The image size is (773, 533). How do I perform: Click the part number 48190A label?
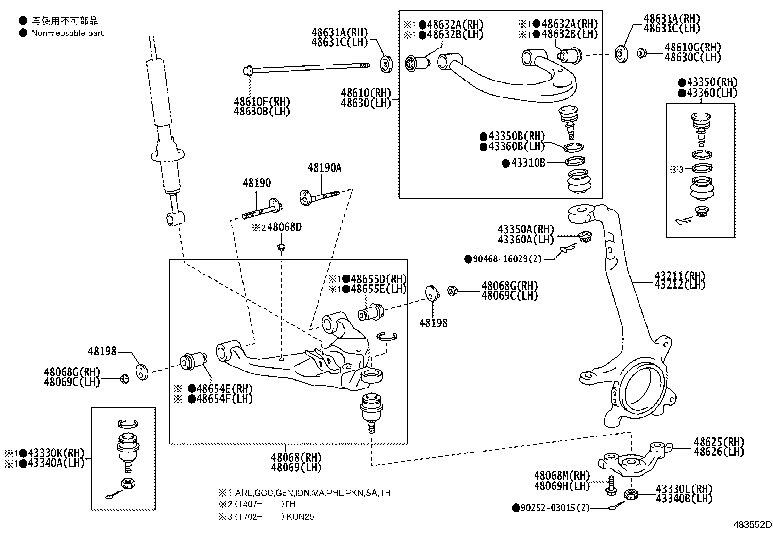coord(324,168)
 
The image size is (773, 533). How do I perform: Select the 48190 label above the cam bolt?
coord(256,183)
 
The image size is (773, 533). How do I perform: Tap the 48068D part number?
coord(284,227)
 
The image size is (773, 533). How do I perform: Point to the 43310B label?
coord(528,163)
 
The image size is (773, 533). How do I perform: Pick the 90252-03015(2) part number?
coord(555,508)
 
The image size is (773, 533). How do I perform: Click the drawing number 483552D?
coord(752,524)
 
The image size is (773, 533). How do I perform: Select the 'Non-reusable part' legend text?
coord(67,33)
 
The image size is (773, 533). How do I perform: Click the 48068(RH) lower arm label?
coord(296,457)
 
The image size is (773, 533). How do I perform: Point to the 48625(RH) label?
coord(719,442)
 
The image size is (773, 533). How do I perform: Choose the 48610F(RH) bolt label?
coord(262,102)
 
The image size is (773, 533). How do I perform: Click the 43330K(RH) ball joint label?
coord(56,452)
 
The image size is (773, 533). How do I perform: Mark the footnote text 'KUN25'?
coord(300,517)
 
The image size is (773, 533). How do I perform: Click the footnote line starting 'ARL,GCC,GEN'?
coord(313,493)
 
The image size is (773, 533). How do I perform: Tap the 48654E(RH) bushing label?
coord(224,389)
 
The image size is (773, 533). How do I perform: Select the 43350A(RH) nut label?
coord(525,229)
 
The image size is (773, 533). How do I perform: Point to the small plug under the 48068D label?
coord(282,247)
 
